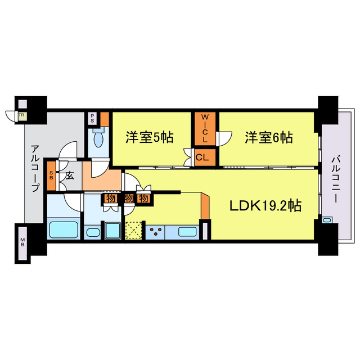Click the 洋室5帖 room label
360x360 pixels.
149,137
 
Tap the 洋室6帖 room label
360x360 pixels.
268,137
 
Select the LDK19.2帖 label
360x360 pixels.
265,206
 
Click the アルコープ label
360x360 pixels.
35,168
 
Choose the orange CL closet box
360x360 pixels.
202,157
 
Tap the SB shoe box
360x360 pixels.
51,175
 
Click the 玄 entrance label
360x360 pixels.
69,175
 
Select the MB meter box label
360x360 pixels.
23,243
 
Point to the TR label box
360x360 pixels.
21,115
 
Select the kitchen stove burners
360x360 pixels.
155,230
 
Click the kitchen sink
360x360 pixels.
187,231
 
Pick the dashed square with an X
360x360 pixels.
134,231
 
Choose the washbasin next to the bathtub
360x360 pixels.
92,232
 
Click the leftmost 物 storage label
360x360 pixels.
110,199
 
